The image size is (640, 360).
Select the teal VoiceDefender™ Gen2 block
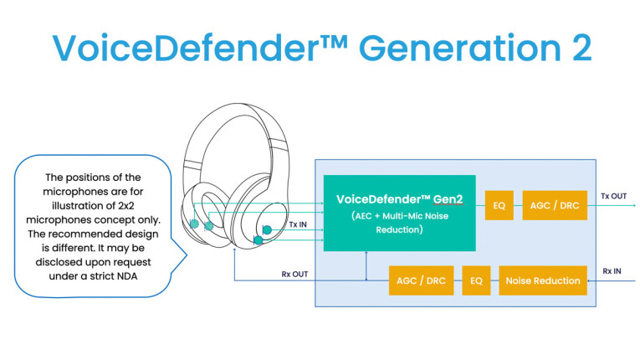pyautogui.click(x=399, y=213)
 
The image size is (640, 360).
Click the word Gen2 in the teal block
pyautogui.click(x=451, y=199)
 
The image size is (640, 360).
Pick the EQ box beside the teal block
pyautogui.click(x=499, y=205)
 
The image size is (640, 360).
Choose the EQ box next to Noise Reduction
pyautogui.click(x=476, y=280)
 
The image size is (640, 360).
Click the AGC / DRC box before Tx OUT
pyautogui.click(x=555, y=205)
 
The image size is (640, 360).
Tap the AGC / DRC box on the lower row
pyautogui.click(x=417, y=280)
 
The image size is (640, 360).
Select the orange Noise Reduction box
pyautogui.click(x=543, y=280)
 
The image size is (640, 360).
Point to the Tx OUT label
pyautogui.click(x=613, y=196)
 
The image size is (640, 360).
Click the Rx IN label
pyautogui.click(x=613, y=271)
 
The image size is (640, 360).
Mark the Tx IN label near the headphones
pyautogui.click(x=299, y=224)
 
